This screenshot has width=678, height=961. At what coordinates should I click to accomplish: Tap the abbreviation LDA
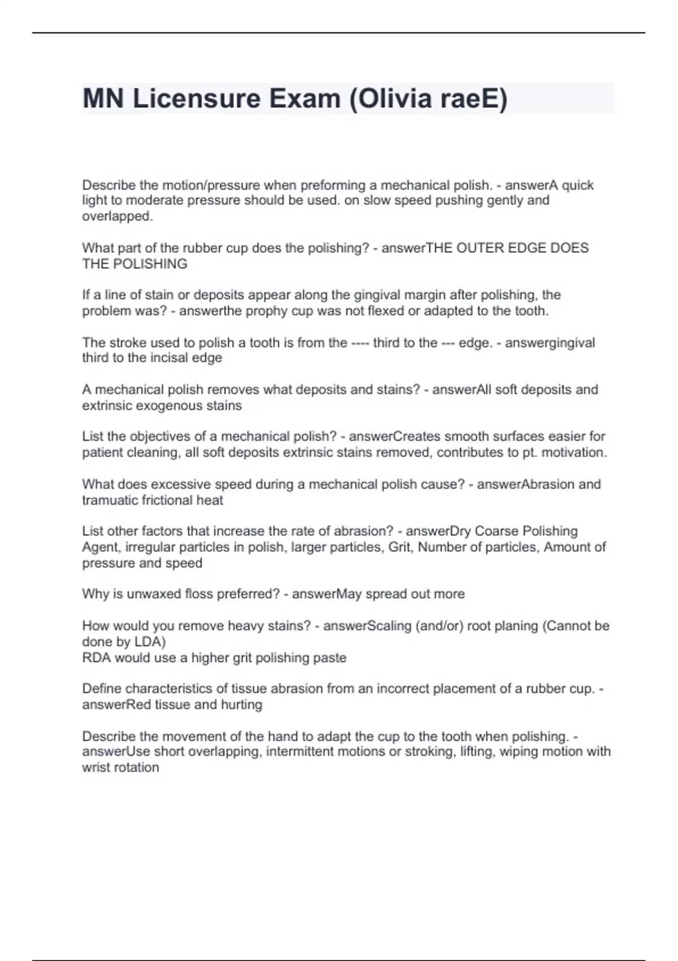tap(148, 642)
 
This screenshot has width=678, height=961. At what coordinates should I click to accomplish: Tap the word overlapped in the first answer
tap(116, 217)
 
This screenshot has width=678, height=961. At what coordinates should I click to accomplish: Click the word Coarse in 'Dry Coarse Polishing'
tap(497, 531)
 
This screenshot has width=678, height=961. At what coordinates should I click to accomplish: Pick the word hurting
tap(242, 705)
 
